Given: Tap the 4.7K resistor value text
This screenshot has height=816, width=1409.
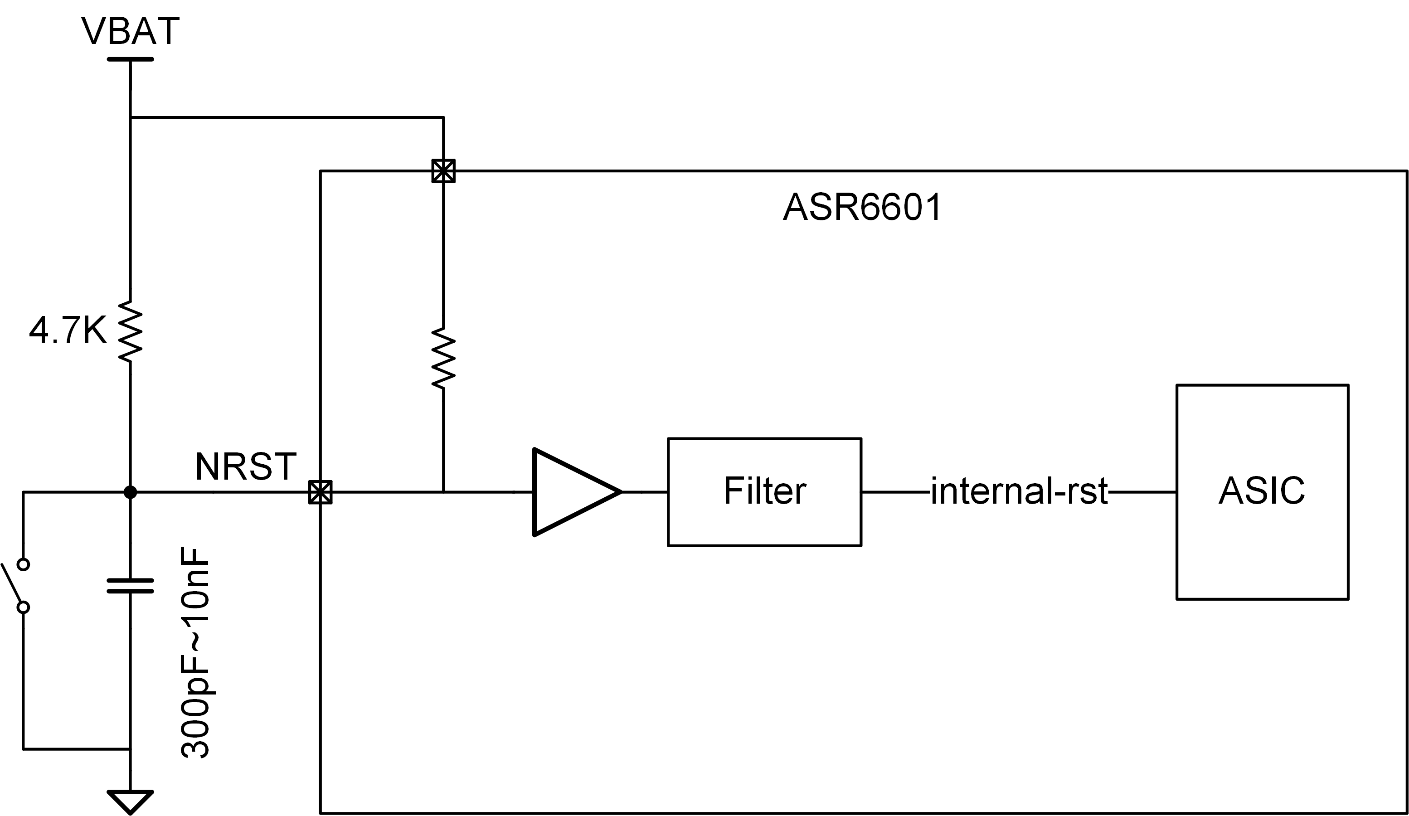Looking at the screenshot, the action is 68,330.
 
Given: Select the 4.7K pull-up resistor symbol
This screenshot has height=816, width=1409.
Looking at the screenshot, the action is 130,331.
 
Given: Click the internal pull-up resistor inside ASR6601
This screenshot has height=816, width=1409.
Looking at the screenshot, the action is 443,359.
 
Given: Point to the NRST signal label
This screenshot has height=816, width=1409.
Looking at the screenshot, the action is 245,466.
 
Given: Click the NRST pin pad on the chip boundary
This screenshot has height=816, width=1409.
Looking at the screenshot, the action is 321,492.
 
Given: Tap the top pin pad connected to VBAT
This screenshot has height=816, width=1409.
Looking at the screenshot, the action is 443,171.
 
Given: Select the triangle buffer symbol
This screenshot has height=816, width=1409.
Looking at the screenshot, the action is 577,492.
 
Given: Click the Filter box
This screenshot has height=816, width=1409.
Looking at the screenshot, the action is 764,492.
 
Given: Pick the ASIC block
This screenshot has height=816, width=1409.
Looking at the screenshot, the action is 1263,492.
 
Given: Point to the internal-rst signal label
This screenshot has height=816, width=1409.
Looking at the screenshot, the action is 1019,491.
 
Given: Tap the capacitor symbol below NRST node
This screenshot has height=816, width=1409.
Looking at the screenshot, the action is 130,586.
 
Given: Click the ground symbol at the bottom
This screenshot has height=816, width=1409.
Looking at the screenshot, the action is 130,802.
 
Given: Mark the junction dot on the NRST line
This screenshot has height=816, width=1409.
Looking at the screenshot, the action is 130,492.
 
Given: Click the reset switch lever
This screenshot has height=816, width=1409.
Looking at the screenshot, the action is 12,584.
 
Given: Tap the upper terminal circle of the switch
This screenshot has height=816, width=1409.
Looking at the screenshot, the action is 24,564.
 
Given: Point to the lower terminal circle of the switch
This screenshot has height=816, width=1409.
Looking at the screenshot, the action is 24,607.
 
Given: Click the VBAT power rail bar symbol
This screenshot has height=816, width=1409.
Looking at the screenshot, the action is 130,59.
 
